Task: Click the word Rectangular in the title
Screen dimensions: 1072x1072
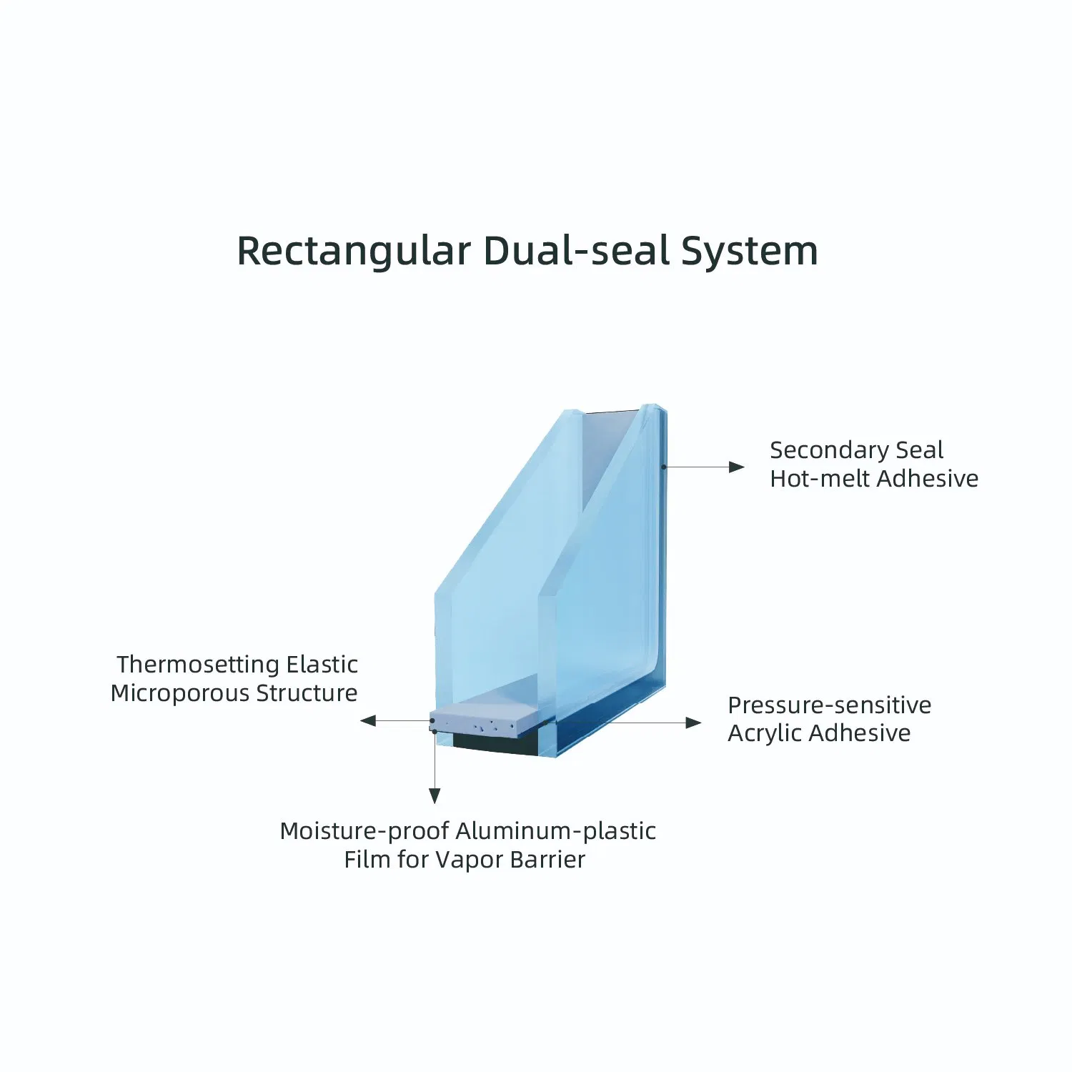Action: coord(354,252)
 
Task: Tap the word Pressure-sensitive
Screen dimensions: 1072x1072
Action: coord(830,705)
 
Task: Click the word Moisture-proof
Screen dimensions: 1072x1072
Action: coord(364,831)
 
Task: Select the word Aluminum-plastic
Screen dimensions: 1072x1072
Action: coord(555,831)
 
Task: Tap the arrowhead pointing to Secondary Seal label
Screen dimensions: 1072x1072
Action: coord(737,467)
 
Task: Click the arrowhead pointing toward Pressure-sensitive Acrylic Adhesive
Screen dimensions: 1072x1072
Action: coord(694,723)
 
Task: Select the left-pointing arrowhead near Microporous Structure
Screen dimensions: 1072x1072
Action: coord(368,720)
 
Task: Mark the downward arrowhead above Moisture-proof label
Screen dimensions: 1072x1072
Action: coord(435,795)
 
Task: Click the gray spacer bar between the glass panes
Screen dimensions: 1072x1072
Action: coord(485,720)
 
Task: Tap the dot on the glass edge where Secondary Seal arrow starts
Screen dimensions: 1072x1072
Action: coord(664,467)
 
